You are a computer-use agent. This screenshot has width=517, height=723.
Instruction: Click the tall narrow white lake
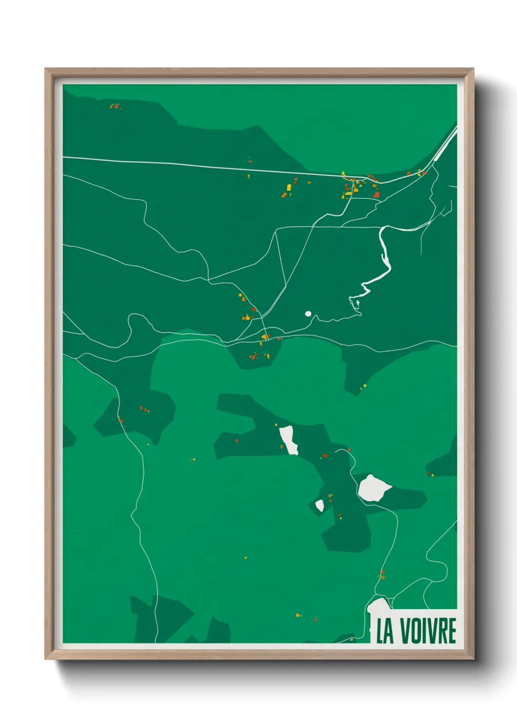point(288,439)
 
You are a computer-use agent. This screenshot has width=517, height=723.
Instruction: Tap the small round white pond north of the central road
point(308,314)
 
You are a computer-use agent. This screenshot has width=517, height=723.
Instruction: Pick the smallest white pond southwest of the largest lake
point(320,505)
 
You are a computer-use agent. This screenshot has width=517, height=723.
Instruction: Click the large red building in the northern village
point(376,194)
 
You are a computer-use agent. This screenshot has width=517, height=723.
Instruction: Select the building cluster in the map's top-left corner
point(114,106)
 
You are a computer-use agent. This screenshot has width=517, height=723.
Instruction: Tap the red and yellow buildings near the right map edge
point(430,473)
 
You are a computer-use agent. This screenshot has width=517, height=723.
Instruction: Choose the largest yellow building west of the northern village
point(289,187)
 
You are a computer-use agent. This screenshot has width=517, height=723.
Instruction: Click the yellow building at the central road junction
point(264,337)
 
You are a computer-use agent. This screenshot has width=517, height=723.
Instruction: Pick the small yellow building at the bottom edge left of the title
point(351,639)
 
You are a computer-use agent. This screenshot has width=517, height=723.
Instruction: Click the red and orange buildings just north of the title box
point(383,574)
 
